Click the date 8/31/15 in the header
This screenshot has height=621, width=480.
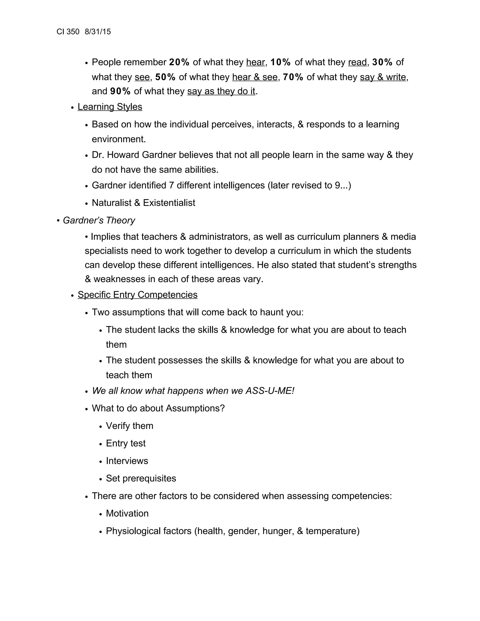point(97,32)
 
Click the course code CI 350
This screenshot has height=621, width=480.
point(68,32)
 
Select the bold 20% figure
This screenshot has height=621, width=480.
point(179,62)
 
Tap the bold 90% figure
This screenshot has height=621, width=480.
point(120,91)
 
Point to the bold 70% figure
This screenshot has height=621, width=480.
point(293,77)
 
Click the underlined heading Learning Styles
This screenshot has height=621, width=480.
point(110,107)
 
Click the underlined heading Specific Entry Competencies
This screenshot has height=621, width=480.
point(137,295)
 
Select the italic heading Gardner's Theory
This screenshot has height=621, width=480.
point(99,220)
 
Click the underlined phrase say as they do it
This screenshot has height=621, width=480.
point(221,91)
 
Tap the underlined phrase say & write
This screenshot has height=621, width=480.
point(383,77)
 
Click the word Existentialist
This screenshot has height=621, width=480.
point(169,203)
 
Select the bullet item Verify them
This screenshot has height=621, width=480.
point(129,426)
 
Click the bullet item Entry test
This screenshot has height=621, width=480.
point(126,444)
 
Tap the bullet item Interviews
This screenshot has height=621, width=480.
point(127,461)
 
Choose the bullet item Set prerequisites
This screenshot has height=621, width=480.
point(141,479)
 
